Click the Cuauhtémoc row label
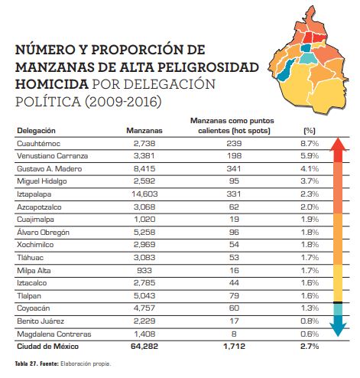[38, 144]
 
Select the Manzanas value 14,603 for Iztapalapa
[144, 194]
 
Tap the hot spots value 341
[234, 168]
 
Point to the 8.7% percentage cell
[310, 144]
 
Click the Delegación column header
[36, 131]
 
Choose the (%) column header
[310, 131]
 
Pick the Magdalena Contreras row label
[54, 334]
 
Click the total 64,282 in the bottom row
[144, 347]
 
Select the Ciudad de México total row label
[47, 347]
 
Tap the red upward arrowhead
[338, 145]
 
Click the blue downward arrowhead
[338, 330]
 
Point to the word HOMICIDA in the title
[52, 84]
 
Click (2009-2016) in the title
[123, 102]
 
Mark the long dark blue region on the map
[286, 70]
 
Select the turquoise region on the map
[308, 59]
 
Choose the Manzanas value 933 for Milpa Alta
[144, 270]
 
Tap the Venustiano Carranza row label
[52, 156]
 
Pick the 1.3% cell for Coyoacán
[310, 308]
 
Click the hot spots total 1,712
[234, 347]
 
